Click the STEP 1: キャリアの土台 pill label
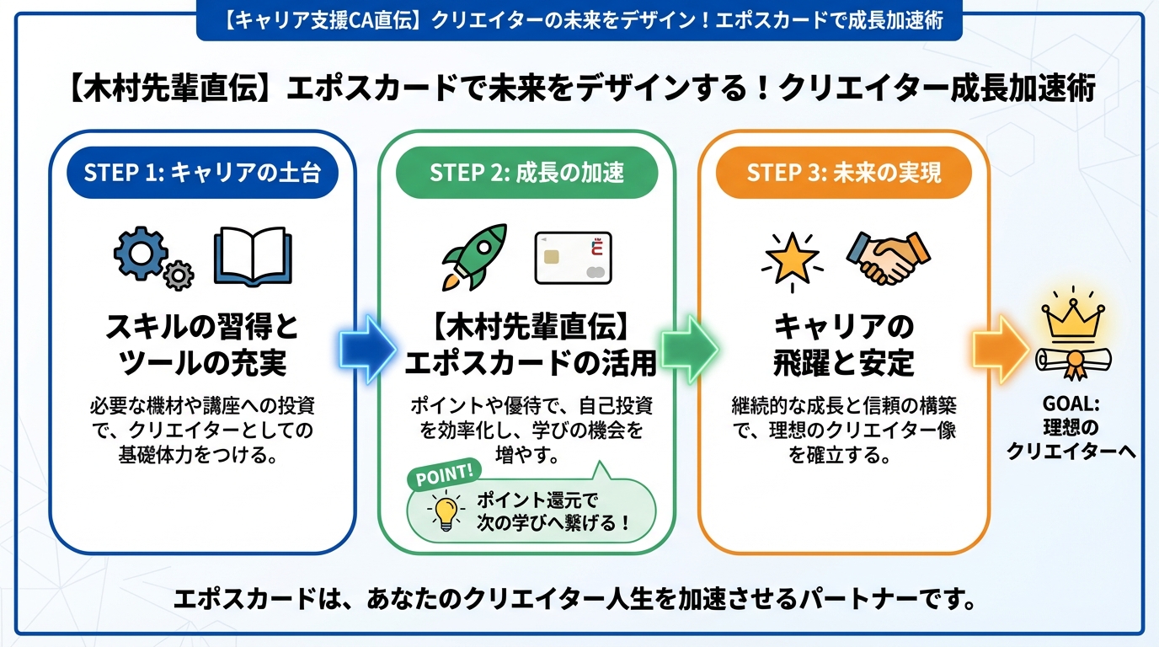coord(202,174)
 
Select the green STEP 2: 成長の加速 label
coord(526,174)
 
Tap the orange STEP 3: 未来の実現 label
coord(844,174)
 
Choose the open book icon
coord(253,254)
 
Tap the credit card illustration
coord(574,257)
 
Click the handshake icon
coord(889,257)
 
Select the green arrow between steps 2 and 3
coord(688,348)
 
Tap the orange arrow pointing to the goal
coord(1001,348)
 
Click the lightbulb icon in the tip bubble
coord(445,511)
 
